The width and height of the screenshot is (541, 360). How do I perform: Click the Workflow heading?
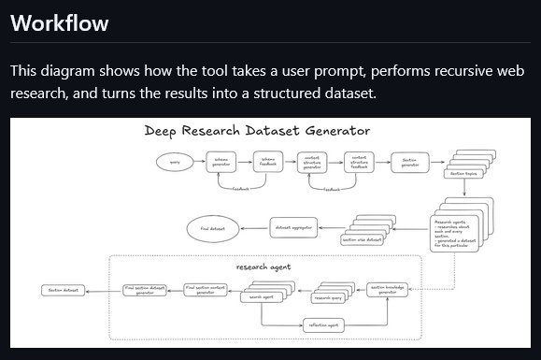point(59,22)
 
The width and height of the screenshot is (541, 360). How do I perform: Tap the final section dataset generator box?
point(145,290)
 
